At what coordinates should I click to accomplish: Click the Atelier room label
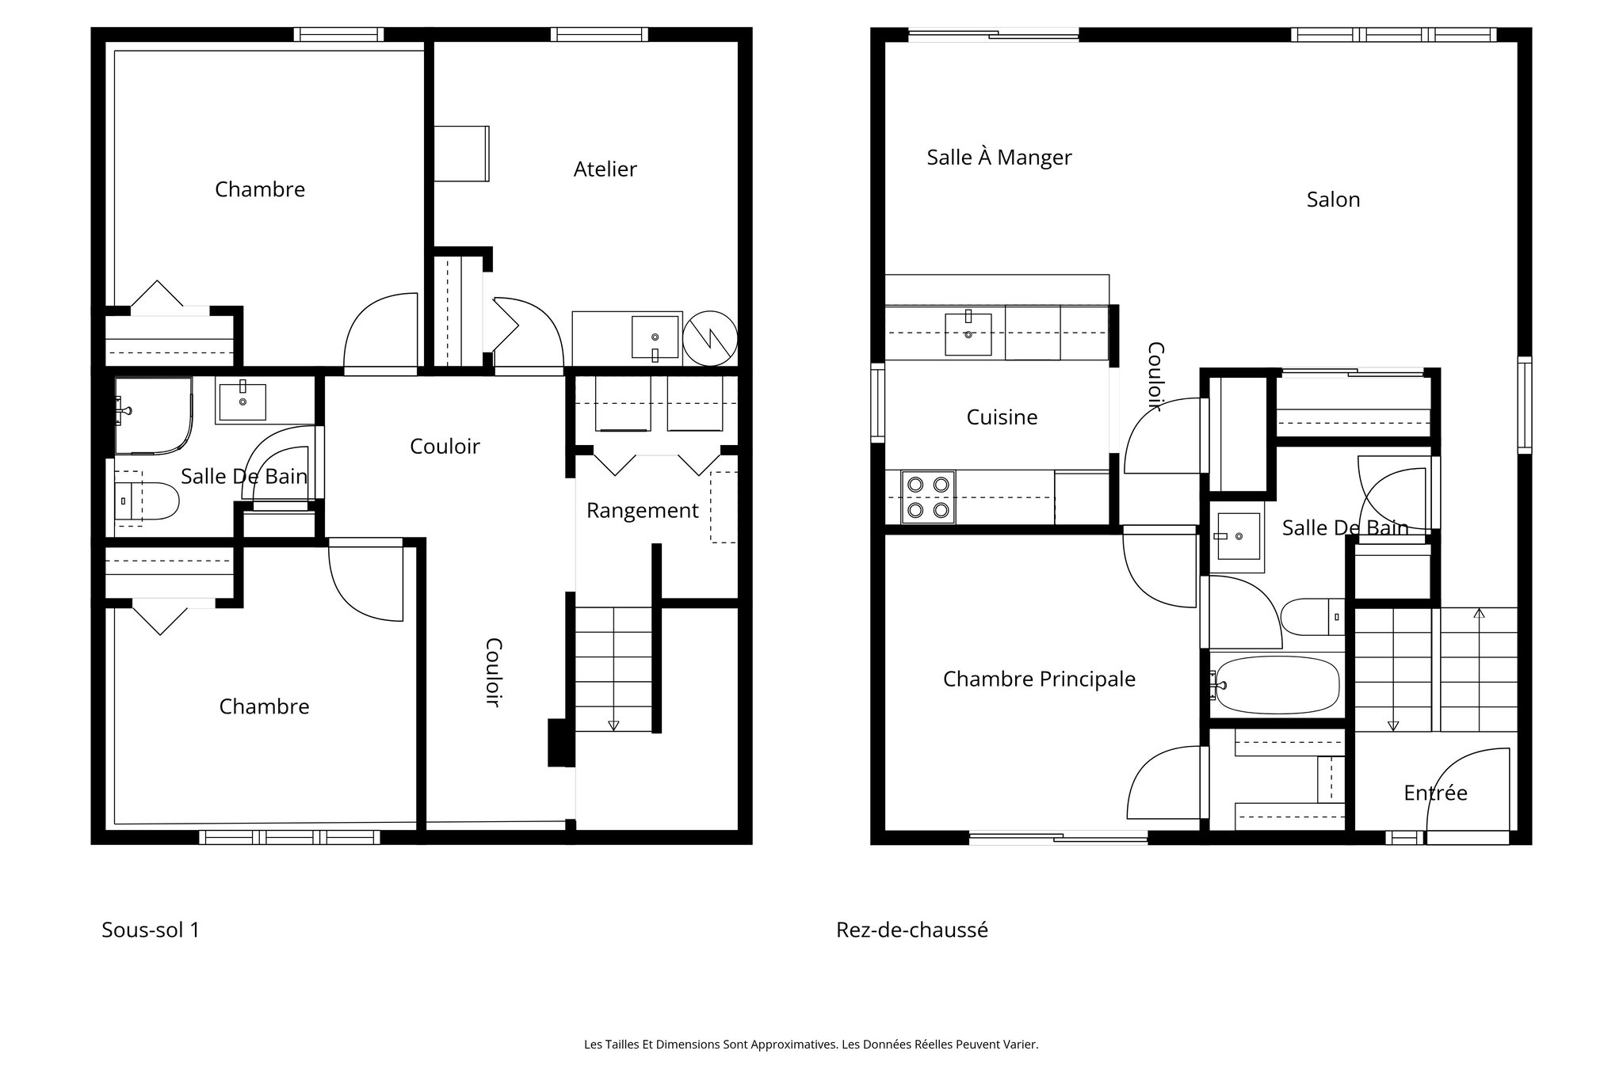[605, 169]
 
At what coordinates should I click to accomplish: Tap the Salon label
[1333, 200]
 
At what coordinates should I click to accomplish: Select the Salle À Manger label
[999, 158]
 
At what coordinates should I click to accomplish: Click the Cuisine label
[1002, 417]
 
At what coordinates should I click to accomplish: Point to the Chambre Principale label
[1039, 679]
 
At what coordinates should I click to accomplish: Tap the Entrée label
[1435, 793]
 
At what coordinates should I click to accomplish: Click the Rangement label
[642, 511]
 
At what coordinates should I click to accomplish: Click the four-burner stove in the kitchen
[928, 497]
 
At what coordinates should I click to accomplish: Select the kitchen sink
[968, 334]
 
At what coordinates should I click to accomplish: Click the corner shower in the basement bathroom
[153, 415]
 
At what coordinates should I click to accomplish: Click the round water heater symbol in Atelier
[710, 338]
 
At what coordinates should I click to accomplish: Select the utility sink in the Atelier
[655, 337]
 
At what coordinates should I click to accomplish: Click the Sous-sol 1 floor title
[151, 930]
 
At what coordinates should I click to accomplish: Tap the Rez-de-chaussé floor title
[911, 930]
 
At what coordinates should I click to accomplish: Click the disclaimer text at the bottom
[811, 1045]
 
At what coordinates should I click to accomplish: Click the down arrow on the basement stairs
[613, 725]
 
